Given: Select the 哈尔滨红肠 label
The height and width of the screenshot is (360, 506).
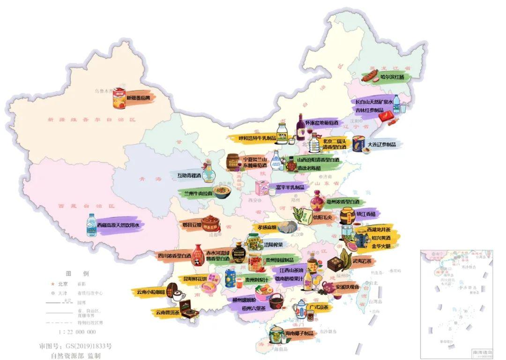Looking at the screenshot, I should click(392, 76).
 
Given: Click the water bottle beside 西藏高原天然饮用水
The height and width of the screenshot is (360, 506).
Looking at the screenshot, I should click(91, 225).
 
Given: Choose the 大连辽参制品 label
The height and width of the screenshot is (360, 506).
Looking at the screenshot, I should click(381, 144).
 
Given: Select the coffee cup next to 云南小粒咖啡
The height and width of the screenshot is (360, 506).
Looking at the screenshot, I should click(178, 295).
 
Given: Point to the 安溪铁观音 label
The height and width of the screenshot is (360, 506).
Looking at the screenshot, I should click(347, 286).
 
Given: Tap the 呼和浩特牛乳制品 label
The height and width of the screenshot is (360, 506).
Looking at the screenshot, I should click(251, 138).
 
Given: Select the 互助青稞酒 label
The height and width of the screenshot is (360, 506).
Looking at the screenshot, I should click(189, 176).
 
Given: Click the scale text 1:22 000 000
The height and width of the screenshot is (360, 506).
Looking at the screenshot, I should click(77, 331).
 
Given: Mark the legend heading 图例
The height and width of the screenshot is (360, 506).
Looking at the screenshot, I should click(77, 273).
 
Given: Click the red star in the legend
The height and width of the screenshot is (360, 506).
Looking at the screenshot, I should click(52, 284).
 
